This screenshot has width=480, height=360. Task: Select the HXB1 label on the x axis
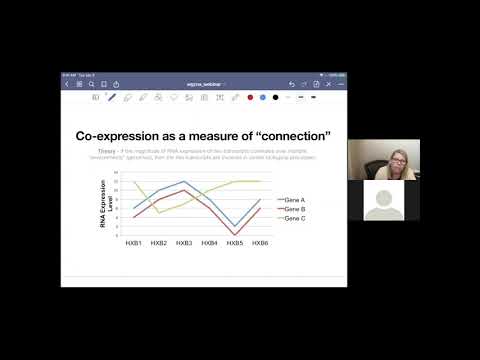133,243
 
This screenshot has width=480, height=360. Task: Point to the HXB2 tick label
159,243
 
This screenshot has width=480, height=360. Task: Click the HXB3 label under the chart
184,243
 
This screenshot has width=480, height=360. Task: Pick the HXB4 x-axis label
209,243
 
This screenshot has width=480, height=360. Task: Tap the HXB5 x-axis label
234,243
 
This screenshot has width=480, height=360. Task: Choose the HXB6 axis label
259,243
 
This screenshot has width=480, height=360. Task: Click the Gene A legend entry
292,200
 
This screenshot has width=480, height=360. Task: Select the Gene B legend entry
292,208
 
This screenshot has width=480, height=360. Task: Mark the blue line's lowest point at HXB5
234,226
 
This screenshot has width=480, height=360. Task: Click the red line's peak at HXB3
184,190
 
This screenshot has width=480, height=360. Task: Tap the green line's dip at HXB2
159,212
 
